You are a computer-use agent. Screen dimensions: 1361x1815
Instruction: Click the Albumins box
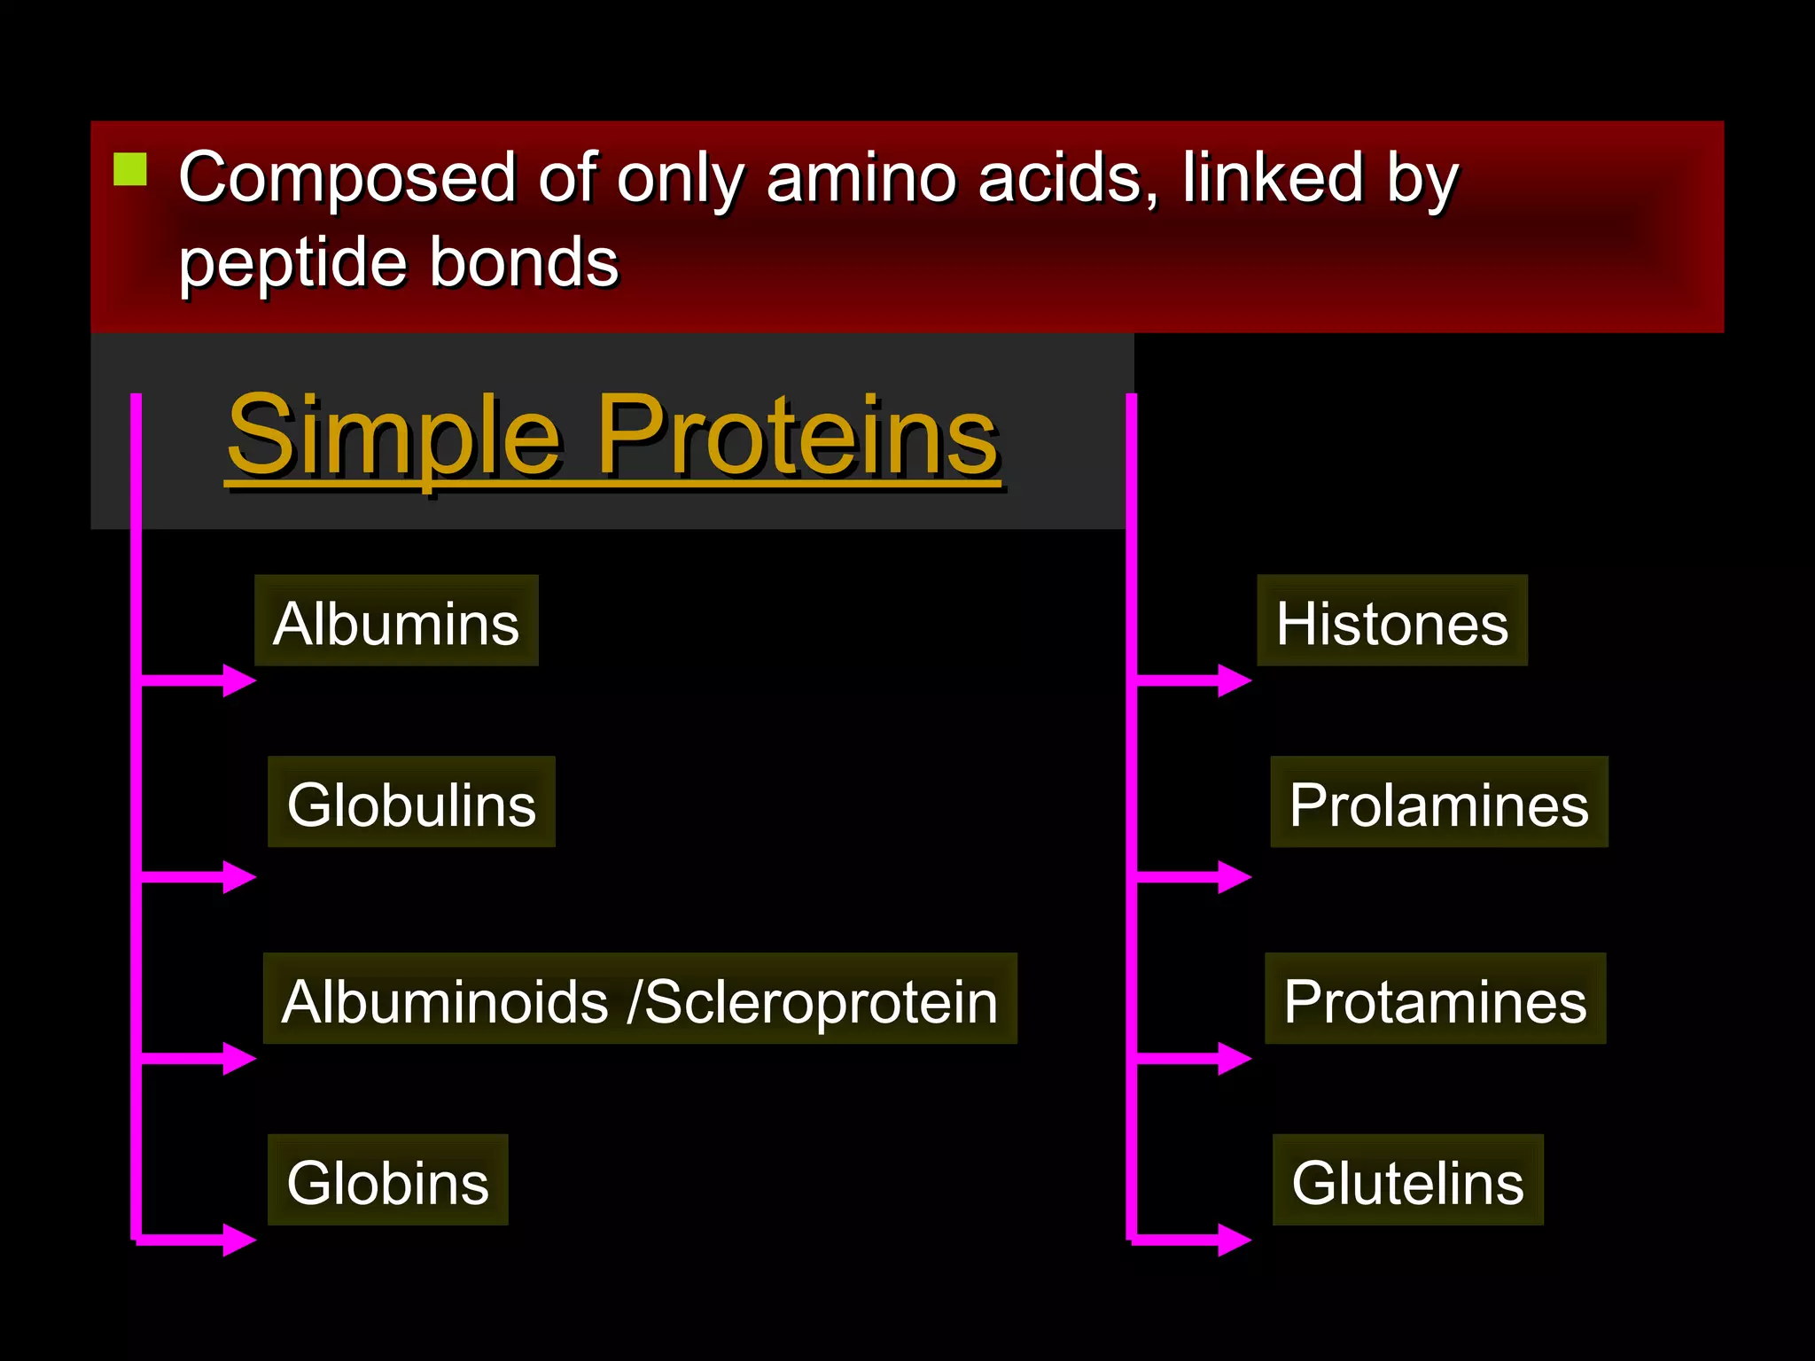(396, 621)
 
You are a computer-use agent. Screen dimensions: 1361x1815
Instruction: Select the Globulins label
(411, 803)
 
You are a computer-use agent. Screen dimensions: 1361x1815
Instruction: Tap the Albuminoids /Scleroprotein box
(639, 999)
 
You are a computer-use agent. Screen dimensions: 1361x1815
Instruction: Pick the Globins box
(387, 1180)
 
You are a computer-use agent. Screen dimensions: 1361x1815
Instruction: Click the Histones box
(1391, 621)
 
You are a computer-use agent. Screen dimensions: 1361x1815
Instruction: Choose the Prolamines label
(1438, 803)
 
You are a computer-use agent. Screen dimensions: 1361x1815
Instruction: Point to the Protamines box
(1435, 999)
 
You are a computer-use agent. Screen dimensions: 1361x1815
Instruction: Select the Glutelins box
(1407, 1180)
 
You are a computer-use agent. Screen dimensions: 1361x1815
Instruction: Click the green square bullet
(130, 169)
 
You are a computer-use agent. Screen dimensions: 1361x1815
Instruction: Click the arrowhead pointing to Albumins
(239, 680)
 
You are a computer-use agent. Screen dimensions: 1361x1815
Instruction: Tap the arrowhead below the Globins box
(239, 1240)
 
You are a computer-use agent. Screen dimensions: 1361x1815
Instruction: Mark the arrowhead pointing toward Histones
(1235, 680)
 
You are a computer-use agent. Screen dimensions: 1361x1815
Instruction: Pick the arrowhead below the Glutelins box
(1235, 1240)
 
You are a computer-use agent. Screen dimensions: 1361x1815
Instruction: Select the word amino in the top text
(861, 177)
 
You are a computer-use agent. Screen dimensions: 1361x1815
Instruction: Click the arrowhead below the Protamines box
(1235, 1058)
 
